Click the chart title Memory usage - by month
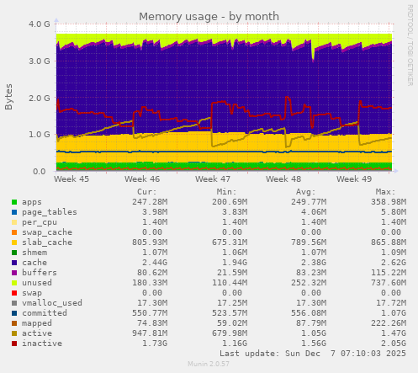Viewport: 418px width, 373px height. (208, 16)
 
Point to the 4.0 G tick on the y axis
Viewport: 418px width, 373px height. (39, 24)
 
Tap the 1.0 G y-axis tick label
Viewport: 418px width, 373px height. (39, 135)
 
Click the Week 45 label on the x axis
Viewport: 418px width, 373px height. (71, 179)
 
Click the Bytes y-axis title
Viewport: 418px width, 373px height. (9, 97)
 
